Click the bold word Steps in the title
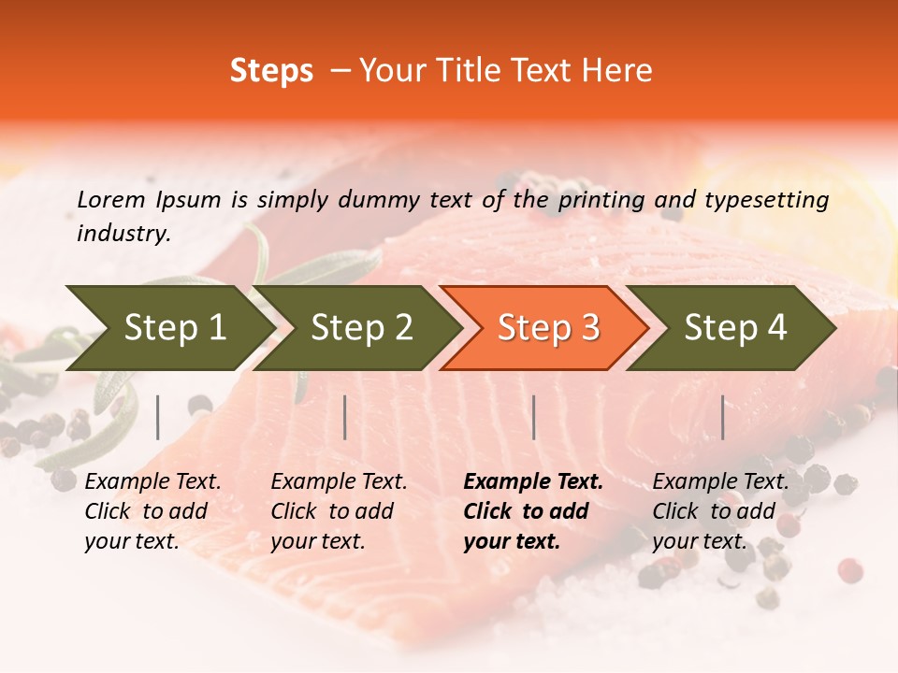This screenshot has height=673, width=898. point(271,71)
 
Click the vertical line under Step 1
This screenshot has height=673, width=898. point(158,417)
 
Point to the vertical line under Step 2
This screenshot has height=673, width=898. point(345,417)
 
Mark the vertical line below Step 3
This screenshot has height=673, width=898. point(533,417)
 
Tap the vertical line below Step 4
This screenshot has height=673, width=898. point(722,417)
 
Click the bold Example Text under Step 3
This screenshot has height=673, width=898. point(533,482)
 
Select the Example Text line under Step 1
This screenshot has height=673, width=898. point(152,482)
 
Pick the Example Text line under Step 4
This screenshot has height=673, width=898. point(720,482)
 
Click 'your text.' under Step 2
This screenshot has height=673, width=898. point(317,541)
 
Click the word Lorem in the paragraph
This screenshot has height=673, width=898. point(111,199)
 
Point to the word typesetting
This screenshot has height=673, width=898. point(766,199)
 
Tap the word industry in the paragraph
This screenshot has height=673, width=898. point(123,233)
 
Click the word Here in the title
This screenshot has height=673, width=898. point(616,71)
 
